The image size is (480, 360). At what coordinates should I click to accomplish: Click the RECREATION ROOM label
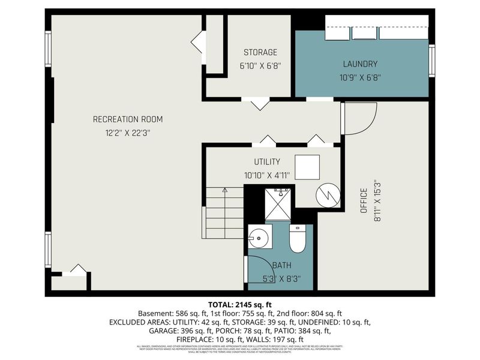pyautogui.click(x=127, y=119)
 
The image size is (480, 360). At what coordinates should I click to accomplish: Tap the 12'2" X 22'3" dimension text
pyautogui.click(x=127, y=133)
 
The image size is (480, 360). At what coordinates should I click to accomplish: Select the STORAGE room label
pyautogui.click(x=260, y=52)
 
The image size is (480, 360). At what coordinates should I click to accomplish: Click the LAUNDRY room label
pyautogui.click(x=360, y=64)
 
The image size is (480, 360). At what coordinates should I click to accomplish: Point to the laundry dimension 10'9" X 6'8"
pyautogui.click(x=360, y=77)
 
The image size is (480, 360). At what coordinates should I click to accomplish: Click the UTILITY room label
pyautogui.click(x=267, y=162)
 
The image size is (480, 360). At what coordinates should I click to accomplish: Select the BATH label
pyautogui.click(x=281, y=265)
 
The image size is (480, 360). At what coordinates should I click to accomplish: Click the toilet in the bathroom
pyautogui.click(x=298, y=239)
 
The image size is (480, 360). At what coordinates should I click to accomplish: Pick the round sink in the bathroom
pyautogui.click(x=259, y=238)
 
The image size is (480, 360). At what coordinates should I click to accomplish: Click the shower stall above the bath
pyautogui.click(x=278, y=204)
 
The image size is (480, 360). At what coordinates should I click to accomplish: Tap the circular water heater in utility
pyautogui.click(x=328, y=194)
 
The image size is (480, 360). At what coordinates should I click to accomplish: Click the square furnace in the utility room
pyautogui.click(x=307, y=167)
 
